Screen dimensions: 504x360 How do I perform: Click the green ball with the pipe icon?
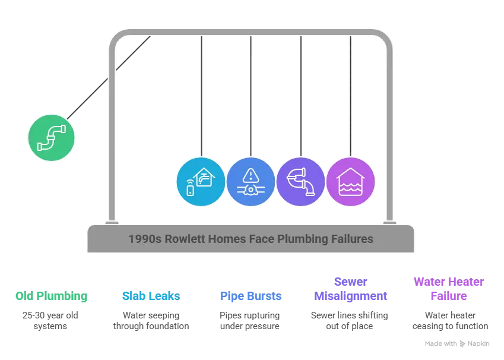(52, 138)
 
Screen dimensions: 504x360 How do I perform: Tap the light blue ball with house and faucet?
(201, 182)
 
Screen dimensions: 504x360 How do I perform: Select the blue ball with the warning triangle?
(251, 182)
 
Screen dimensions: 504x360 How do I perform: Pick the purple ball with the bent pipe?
(301, 182)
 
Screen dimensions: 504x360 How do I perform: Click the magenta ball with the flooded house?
(351, 182)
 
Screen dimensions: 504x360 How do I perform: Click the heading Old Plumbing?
(52, 296)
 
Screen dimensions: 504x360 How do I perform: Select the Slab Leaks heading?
(151, 296)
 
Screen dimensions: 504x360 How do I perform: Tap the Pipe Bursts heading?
(251, 296)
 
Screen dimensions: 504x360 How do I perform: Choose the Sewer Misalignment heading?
(351, 289)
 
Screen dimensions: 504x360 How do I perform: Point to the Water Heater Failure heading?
(449, 289)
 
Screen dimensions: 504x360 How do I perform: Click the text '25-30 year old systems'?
(50, 321)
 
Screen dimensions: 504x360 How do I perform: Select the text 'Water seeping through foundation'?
(151, 321)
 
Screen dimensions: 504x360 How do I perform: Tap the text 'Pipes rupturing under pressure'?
(250, 321)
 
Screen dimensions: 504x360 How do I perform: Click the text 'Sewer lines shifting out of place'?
(350, 321)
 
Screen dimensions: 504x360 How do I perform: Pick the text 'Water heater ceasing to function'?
(451, 321)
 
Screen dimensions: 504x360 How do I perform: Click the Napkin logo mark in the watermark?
(462, 344)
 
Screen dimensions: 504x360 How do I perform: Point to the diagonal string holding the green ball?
(109, 78)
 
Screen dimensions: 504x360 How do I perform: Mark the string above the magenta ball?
(351, 96)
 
